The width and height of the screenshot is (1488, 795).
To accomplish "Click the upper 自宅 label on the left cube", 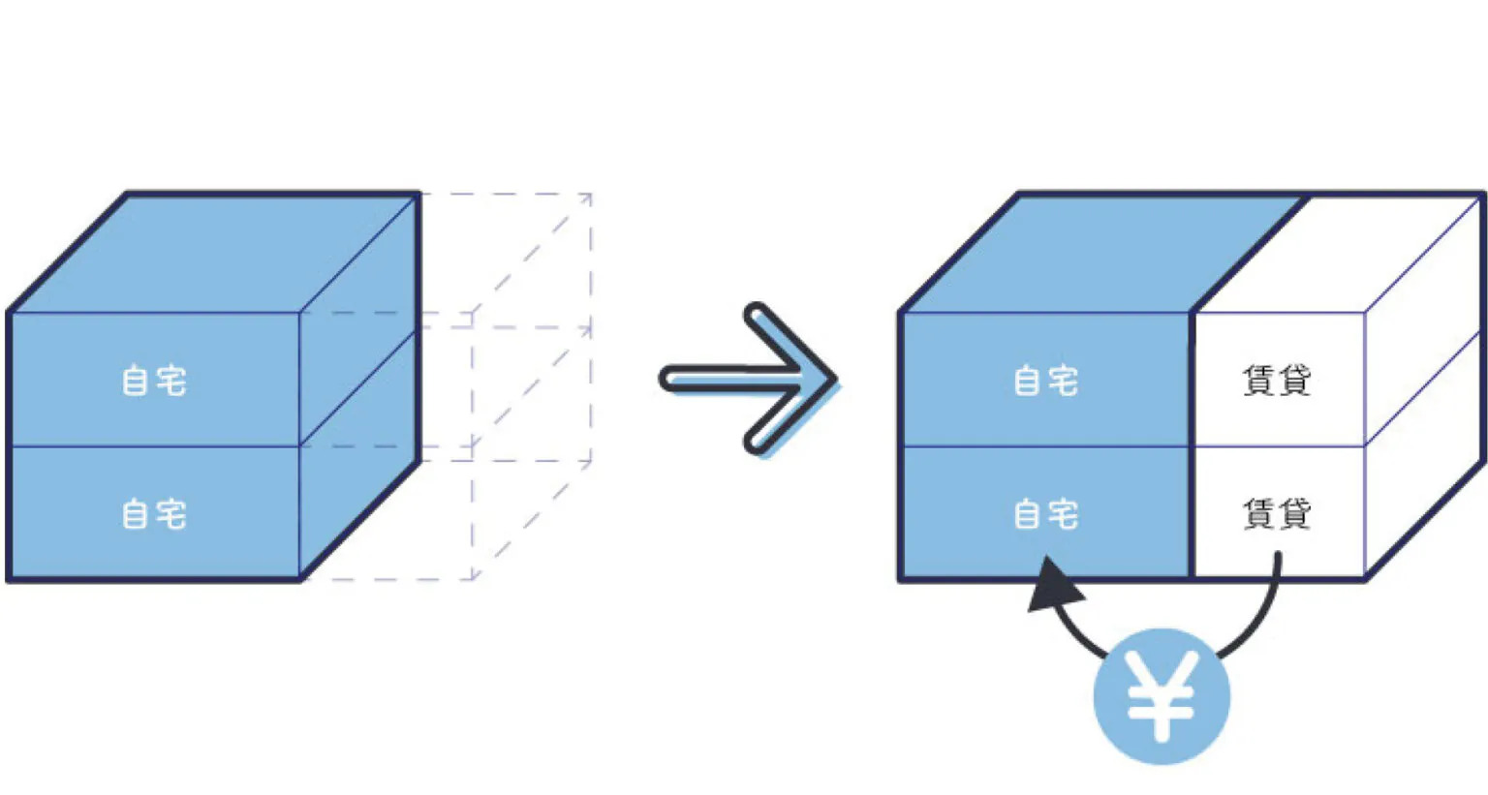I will coord(154,381).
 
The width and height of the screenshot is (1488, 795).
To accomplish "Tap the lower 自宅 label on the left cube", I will coord(154,514).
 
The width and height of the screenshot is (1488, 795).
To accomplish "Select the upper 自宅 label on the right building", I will coord(1045,381).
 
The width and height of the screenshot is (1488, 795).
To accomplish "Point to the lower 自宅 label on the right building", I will coord(1045,514).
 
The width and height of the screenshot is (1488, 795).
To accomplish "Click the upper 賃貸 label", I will coord(1277,381).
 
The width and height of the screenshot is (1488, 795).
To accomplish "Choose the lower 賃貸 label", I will coord(1277,514).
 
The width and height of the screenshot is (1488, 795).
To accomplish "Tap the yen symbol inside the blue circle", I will coord(1162,697).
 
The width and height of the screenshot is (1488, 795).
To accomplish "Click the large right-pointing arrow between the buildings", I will coord(746,378).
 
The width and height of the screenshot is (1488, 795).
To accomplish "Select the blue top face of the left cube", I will coord(213,254).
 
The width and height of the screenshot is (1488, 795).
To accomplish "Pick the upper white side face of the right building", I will coord(1424,320).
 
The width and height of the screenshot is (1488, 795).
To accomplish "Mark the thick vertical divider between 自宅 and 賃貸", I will coord(1193,445).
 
